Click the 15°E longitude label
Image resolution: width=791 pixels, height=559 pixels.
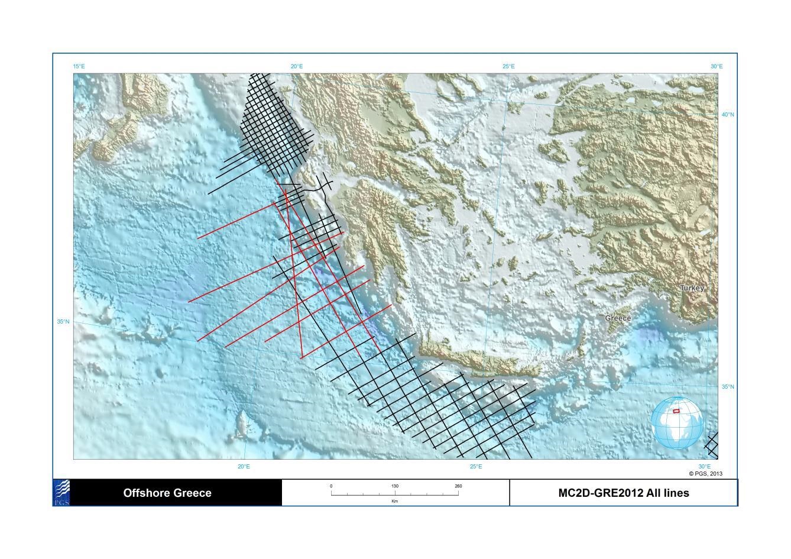coord(79,66)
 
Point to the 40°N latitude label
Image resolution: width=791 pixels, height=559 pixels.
coord(728,115)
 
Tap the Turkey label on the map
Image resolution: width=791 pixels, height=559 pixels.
coord(692,288)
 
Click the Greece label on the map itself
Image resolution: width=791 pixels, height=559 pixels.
coord(618,318)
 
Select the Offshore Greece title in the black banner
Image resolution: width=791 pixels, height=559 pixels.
coord(167,493)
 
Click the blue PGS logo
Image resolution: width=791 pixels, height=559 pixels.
coord(62,492)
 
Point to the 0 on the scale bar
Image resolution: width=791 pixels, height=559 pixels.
coord(331,486)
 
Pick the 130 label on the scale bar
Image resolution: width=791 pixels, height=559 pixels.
coord(395,486)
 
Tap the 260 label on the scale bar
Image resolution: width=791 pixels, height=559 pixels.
coord(458,486)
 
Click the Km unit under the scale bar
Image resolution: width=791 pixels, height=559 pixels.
coord(395,501)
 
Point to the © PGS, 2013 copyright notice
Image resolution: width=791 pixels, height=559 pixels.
coord(705,473)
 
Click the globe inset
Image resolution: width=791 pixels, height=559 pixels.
coord(677,422)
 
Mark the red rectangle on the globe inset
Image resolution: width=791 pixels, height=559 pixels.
coord(676,411)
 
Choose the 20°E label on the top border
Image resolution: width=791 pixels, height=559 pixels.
coord(297,66)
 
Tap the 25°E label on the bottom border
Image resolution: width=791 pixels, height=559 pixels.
coord(476,467)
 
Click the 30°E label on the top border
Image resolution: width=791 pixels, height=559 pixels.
coord(717,66)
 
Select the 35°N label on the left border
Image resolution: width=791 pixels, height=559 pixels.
coord(63,322)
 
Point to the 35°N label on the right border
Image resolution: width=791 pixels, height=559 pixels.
coord(728,387)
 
